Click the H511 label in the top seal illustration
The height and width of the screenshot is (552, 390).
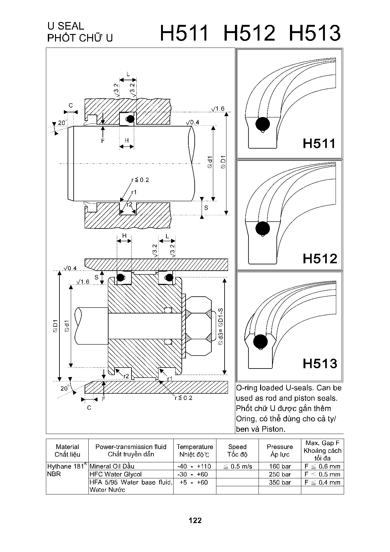tap(320, 144)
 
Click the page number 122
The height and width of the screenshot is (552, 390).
tap(195, 520)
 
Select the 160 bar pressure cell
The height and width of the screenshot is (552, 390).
tap(280, 466)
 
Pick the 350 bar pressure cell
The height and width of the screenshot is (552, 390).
tap(280, 482)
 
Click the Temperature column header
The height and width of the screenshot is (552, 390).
tap(195, 450)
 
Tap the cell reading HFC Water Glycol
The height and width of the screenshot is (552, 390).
tap(115, 474)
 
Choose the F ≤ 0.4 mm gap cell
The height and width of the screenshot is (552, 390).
tap(322, 482)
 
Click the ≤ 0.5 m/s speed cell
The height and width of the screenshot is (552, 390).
tap(237, 466)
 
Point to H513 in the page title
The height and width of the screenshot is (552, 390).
tap(315, 33)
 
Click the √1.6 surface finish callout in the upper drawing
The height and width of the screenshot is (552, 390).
tap(218, 109)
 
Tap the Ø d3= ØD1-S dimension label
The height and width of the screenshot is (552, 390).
tap(220, 326)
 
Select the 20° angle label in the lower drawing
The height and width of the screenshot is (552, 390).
tap(64, 388)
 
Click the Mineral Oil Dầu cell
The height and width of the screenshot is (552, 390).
tap(112, 466)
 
